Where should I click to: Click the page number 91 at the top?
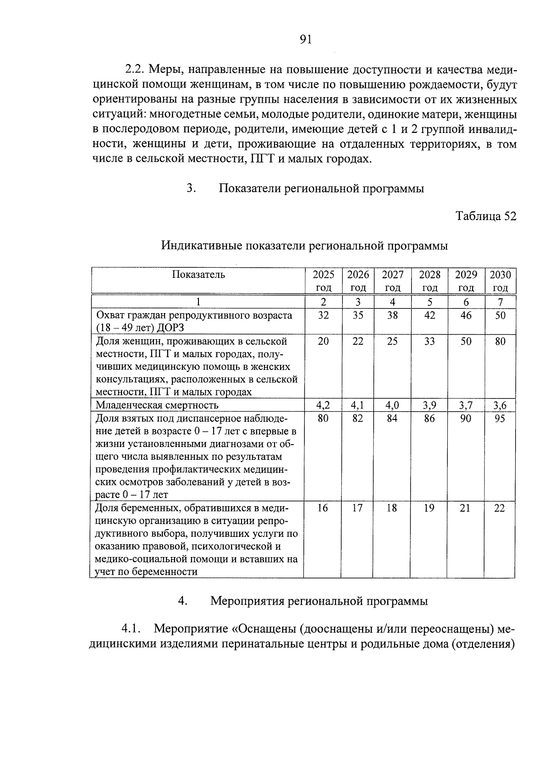pyautogui.click(x=305, y=40)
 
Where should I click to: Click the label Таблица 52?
pyautogui.click(x=486, y=216)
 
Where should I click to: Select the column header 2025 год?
pyautogui.click(x=324, y=281)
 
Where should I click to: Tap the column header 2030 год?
pyautogui.click(x=500, y=281)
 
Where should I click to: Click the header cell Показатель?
pyautogui.click(x=198, y=275)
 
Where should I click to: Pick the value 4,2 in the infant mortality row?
pyautogui.click(x=323, y=405)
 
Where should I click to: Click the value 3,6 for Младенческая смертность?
pyautogui.click(x=500, y=405)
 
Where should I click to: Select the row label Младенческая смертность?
pyautogui.click(x=157, y=405)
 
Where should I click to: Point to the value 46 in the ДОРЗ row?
pyautogui.click(x=466, y=315)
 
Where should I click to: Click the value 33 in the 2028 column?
pyautogui.click(x=429, y=341)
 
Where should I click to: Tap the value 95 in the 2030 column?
pyautogui.click(x=500, y=418)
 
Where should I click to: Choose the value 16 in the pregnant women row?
pyautogui.click(x=323, y=508)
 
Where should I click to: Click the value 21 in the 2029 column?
pyautogui.click(x=466, y=508)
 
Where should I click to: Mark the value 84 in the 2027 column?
pyautogui.click(x=392, y=418)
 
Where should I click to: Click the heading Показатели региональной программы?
pyautogui.click(x=321, y=188)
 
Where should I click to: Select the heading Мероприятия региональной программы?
pyautogui.click(x=319, y=601)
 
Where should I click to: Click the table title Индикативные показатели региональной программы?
pyautogui.click(x=304, y=246)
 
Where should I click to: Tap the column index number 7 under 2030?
pyautogui.click(x=500, y=302)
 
